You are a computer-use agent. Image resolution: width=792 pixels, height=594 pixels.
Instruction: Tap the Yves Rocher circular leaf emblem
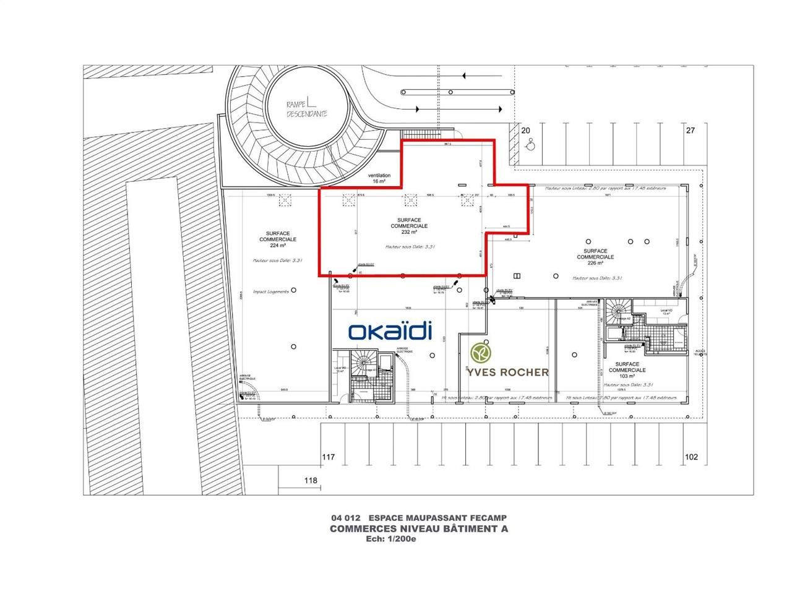tap(480, 353)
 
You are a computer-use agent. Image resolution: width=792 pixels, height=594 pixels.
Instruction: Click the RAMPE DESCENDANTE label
tap(306, 109)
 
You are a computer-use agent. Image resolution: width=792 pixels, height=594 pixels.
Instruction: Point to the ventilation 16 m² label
tap(379, 179)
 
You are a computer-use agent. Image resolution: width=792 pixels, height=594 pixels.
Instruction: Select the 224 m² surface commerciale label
tap(277, 239)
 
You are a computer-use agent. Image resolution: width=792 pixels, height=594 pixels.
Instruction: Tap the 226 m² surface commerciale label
tap(595, 257)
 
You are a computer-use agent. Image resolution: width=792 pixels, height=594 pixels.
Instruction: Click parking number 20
tap(526, 131)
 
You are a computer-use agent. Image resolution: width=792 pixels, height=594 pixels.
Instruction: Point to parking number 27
tap(691, 131)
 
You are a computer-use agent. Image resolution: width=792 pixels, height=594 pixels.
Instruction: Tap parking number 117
tap(328, 457)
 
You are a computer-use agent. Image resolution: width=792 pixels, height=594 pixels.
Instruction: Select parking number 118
tap(311, 480)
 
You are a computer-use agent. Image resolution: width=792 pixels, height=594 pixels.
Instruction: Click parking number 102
tap(691, 457)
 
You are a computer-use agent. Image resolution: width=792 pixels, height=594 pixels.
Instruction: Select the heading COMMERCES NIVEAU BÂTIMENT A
tap(419, 528)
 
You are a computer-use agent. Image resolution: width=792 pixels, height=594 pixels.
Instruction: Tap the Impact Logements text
tap(270, 291)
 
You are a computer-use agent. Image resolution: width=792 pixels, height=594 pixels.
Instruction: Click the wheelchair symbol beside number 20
tap(530, 146)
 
